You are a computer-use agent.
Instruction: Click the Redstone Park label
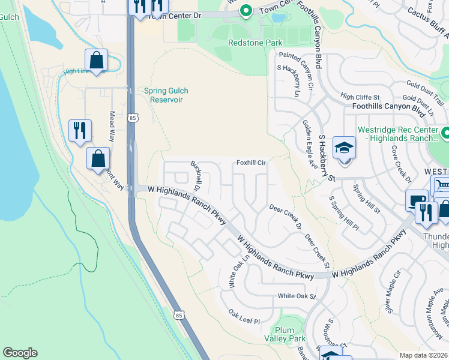[x=255, y=43]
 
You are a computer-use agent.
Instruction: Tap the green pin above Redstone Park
[x=245, y=11]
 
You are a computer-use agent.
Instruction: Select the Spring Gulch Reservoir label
[x=166, y=95]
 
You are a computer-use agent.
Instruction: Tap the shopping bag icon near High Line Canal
[x=96, y=60]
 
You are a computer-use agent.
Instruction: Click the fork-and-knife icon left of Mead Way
[x=80, y=130]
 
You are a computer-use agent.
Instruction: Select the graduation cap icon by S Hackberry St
[x=344, y=148]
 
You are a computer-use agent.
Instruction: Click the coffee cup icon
[x=416, y=201]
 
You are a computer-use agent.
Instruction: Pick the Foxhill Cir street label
[x=251, y=163]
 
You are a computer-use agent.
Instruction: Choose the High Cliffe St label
[x=360, y=97]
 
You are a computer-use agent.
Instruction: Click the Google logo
[x=20, y=353]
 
